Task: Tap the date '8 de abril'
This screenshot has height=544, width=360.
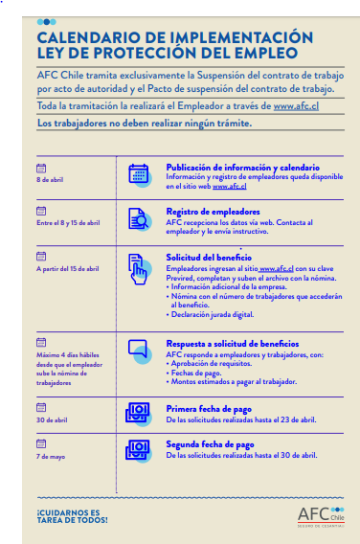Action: coord(51,179)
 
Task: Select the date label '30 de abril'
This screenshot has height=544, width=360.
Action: coord(52,419)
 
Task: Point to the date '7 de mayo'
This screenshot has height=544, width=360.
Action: coord(50,456)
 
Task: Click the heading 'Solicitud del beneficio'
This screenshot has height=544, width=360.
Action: coord(208,259)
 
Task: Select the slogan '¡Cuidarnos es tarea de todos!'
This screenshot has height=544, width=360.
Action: coord(72,516)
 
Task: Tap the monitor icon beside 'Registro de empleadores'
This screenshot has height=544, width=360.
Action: coord(139,218)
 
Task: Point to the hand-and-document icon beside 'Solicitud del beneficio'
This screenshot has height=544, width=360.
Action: coord(139,268)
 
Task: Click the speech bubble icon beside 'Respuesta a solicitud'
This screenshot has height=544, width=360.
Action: coord(139,350)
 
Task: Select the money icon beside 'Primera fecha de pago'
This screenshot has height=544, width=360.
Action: coord(139,414)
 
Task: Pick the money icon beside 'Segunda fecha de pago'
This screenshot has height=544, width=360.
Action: coord(139,450)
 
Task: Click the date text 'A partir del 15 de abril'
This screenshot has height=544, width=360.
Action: coord(66,269)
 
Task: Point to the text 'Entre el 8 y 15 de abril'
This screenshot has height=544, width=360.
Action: coord(67,222)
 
